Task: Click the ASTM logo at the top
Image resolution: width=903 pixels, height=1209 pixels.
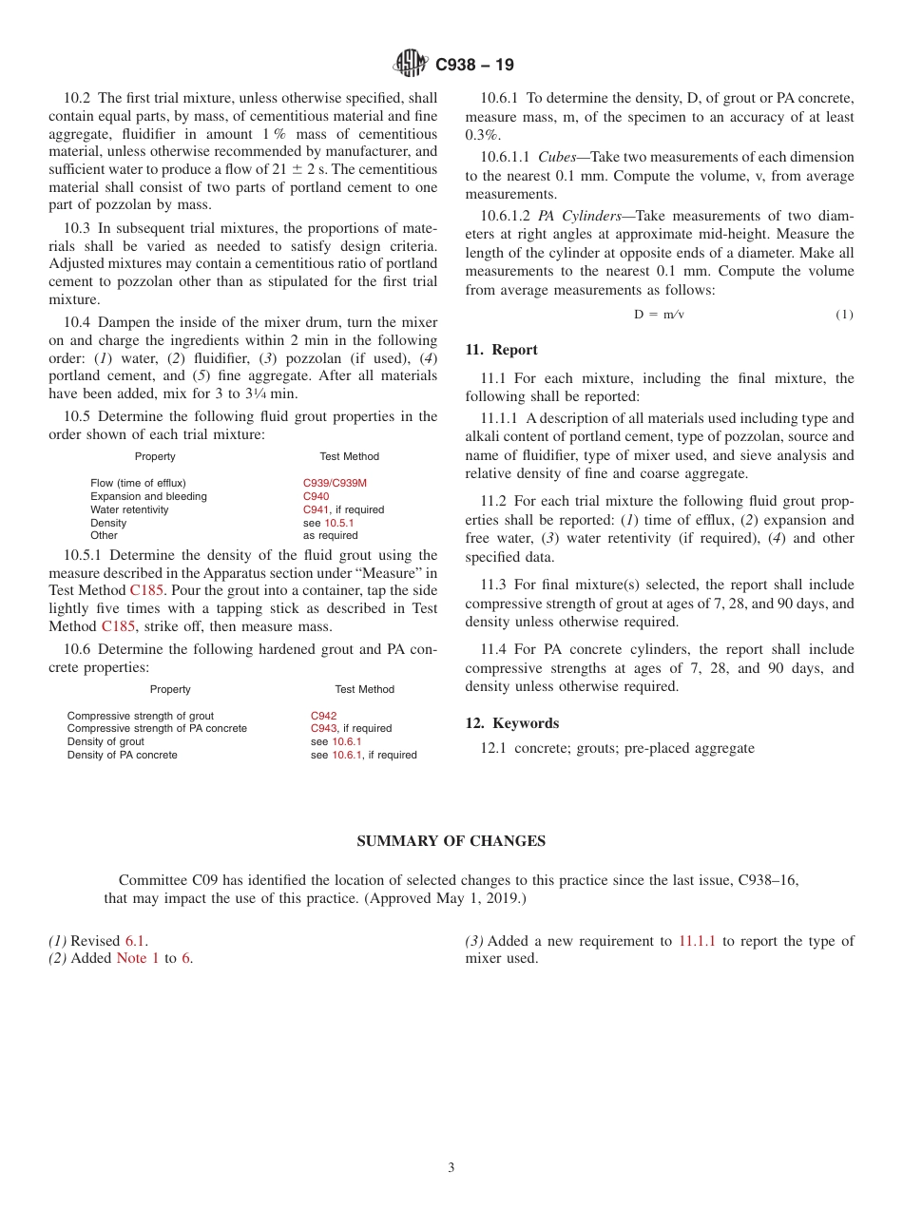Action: pos(411,64)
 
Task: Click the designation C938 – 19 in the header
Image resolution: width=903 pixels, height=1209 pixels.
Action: pos(474,65)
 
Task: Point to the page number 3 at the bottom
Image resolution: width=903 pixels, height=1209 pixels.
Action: pos(451,1167)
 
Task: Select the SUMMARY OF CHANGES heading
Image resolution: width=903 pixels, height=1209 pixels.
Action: pos(451,841)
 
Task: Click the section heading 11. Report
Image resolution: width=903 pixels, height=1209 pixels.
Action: pos(501,350)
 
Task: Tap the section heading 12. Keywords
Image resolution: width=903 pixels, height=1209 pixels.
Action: pos(511,723)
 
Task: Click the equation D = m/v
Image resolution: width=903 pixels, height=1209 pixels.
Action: pos(659,315)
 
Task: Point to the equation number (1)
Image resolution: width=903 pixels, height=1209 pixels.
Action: pos(844,315)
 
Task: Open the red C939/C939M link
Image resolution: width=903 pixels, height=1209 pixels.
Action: pos(335,483)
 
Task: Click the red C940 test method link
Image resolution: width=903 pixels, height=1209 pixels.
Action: pos(316,496)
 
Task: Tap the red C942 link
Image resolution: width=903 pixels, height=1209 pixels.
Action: pos(323,716)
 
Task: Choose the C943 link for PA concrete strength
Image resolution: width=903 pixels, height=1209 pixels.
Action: pos(323,728)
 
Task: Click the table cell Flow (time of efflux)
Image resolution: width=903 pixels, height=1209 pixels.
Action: pos(138,483)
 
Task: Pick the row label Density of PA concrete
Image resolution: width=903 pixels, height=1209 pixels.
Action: pos(122,755)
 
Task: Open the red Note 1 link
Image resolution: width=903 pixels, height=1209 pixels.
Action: pos(138,958)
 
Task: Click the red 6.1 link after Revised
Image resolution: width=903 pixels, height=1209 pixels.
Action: pos(136,941)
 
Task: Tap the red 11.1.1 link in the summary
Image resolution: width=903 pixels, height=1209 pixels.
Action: pos(697,941)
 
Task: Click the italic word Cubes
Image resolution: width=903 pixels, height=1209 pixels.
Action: pos(557,157)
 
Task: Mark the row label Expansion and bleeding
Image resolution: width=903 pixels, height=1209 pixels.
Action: pos(148,496)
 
